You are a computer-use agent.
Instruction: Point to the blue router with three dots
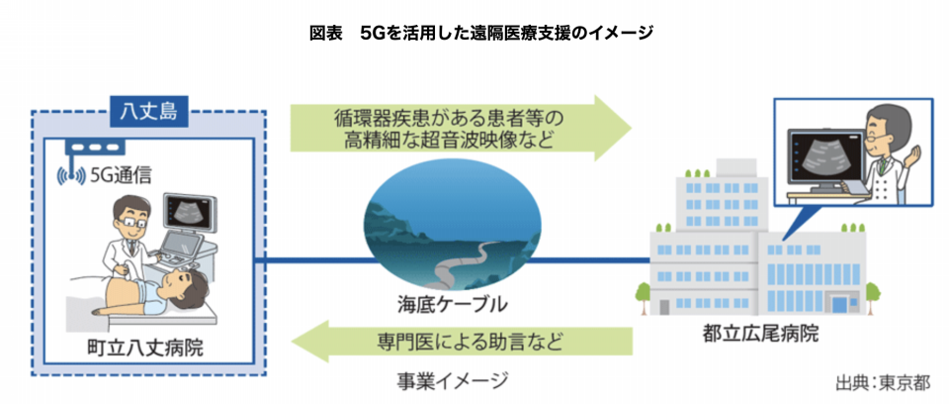click(95, 148)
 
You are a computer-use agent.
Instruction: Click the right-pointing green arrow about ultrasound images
click(461, 128)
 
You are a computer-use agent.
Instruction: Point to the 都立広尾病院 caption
click(761, 333)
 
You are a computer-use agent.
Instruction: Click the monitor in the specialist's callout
click(824, 155)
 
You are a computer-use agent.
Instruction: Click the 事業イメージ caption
click(452, 379)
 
